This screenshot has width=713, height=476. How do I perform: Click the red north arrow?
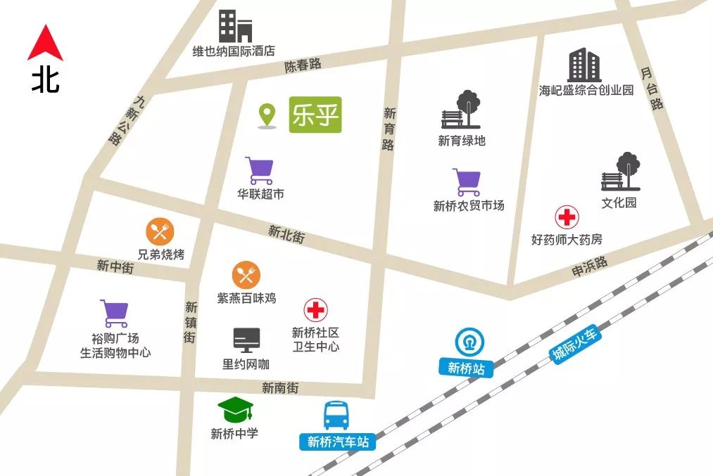pyautogui.click(x=45, y=44)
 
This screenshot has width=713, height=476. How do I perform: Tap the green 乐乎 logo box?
pyautogui.click(x=315, y=115)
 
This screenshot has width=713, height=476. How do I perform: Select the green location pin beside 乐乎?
pyautogui.click(x=266, y=115)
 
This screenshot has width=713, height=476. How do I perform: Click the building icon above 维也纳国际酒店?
pyautogui.click(x=234, y=26)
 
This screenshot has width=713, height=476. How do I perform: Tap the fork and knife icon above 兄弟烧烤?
pyautogui.click(x=160, y=231)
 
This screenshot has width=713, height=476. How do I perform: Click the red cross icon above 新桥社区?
pyautogui.click(x=316, y=310)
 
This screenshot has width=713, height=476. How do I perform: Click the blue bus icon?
pyautogui.click(x=337, y=416)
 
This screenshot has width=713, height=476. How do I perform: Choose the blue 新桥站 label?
pyautogui.click(x=466, y=368)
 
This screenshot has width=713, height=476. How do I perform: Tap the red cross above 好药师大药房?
pyautogui.click(x=567, y=217)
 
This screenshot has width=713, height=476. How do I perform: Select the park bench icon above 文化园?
pyautogui.click(x=621, y=172)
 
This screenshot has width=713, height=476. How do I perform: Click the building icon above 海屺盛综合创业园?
pyautogui.click(x=585, y=65)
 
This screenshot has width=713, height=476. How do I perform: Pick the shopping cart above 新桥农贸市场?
pyautogui.click(x=467, y=182)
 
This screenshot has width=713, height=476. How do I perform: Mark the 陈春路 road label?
pyautogui.click(x=303, y=65)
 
